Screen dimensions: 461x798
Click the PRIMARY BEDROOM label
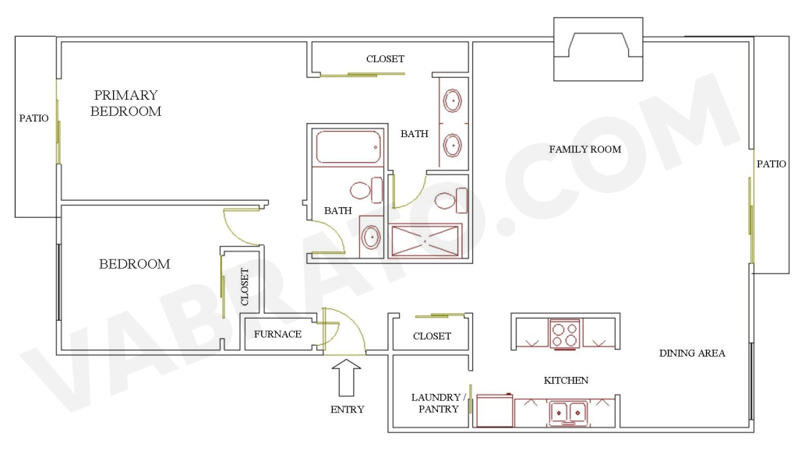[x=125, y=103]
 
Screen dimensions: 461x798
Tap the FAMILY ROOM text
[x=584, y=149]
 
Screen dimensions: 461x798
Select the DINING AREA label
[x=692, y=353]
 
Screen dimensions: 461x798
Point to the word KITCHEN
[x=566, y=380]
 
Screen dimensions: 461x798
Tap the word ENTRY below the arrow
[x=347, y=409]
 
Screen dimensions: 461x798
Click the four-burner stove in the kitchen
[x=565, y=333]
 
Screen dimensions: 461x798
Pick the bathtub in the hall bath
[x=348, y=146]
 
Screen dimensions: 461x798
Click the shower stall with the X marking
[x=425, y=241]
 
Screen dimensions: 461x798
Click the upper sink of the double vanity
[x=452, y=100]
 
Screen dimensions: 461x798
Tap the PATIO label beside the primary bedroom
[x=34, y=118]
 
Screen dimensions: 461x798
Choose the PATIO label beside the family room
[x=771, y=164]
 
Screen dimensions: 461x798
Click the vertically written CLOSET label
[x=244, y=287]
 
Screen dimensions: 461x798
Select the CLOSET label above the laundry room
[x=432, y=336]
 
